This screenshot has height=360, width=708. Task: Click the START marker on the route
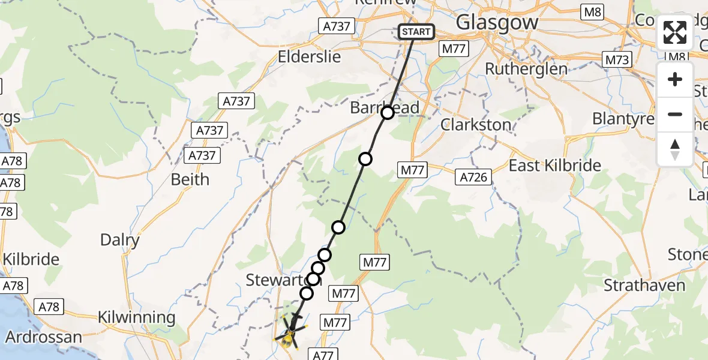pos(416,32)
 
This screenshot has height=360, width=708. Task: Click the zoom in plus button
pos(675,80)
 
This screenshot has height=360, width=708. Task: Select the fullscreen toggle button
pos(675,32)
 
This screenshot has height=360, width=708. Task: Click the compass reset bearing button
pos(675,149)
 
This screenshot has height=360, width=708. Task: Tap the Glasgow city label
pos(497,23)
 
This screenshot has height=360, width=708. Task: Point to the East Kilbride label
pos(555,166)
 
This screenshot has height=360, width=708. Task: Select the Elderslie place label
pos(310,57)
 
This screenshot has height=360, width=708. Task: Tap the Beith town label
pos(190,179)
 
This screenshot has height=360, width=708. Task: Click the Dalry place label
pos(120,241)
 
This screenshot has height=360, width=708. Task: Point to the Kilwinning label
pos(137,317)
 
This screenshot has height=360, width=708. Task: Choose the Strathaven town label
pos(644,285)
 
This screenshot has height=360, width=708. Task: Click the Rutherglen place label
pos(526,69)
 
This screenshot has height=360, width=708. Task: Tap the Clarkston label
pos(476,125)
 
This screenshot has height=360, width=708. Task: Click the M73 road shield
pos(617,59)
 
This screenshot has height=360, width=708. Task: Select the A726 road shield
pos(475,176)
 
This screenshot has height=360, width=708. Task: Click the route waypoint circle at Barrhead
pos(388,112)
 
